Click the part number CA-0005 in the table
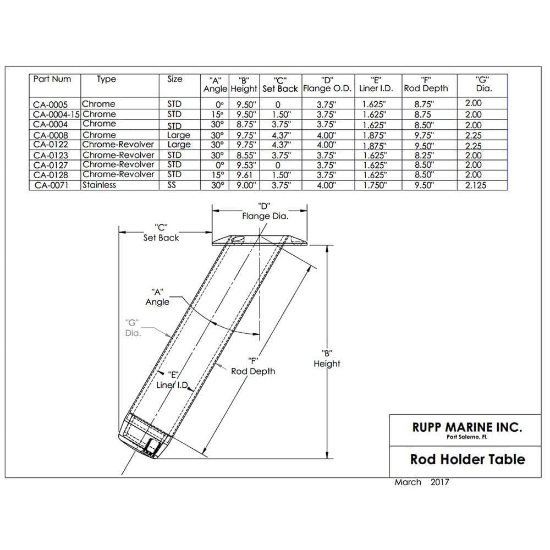pyautogui.click(x=51, y=104)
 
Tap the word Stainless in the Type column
pyautogui.click(x=99, y=185)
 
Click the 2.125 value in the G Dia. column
pyautogui.click(x=476, y=185)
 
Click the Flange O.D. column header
pyautogui.click(x=327, y=89)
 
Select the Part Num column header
pyautogui.click(x=52, y=79)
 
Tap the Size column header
pyautogui.click(x=174, y=79)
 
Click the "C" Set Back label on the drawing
pyautogui.click(x=161, y=232)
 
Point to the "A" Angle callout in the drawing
pyautogui.click(x=157, y=296)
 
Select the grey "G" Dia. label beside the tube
pyautogui.click(x=132, y=328)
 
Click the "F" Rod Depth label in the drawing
pyautogui.click(x=252, y=366)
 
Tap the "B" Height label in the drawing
pyautogui.click(x=327, y=359)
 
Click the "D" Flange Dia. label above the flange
pyautogui.click(x=265, y=211)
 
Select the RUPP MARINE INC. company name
pyautogui.click(x=467, y=427)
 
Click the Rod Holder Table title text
pyautogui.click(x=468, y=459)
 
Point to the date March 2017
pyautogui.click(x=421, y=482)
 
